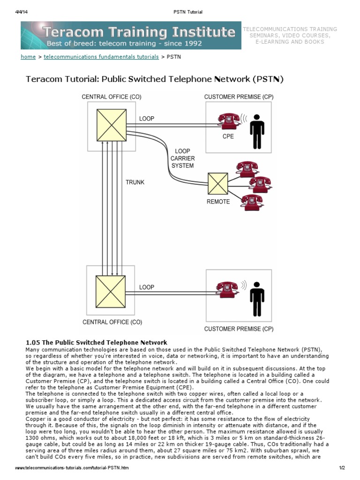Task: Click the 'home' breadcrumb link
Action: pyautogui.click(x=28, y=57)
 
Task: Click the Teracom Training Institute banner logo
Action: pyautogui.click(x=131, y=36)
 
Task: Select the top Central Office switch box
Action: pyautogui.click(x=111, y=125)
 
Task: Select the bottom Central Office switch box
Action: pyautogui.click(x=111, y=291)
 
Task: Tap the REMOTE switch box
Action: pyautogui.click(x=218, y=184)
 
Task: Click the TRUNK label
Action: pyautogui.click(x=135, y=182)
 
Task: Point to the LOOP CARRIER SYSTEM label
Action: pyautogui.click(x=182, y=158)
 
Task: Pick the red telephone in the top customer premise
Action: pyautogui.click(x=229, y=121)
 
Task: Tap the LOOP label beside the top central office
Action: pyautogui.click(x=147, y=119)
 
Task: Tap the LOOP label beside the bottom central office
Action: pyautogui.click(x=147, y=287)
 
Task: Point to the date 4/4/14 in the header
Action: pyautogui.click(x=22, y=12)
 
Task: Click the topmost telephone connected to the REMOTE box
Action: pyautogui.click(x=247, y=167)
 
